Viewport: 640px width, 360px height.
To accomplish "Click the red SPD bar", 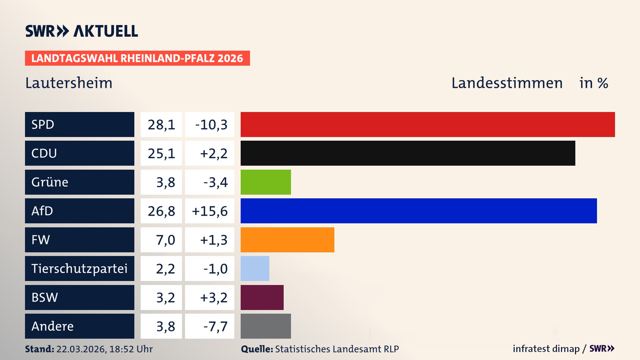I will coord(428,124).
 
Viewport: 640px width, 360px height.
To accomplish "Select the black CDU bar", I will coord(408,153).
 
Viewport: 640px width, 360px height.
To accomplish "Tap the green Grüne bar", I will coord(266,182).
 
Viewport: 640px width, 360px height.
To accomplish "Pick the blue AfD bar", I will coord(419,211).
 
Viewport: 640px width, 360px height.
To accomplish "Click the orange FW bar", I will coord(287,240).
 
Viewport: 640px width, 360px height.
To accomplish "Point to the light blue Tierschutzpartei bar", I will coord(255,268).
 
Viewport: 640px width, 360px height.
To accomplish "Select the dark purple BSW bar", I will coord(262,297).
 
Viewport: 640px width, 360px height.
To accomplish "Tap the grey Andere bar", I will coord(266,326).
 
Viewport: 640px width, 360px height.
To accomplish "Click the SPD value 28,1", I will coord(161,125).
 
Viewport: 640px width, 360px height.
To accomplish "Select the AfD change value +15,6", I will coord(210,211).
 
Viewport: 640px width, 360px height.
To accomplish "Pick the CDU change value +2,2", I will coord(213,153).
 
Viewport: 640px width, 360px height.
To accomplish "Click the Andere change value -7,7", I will coord(215,326).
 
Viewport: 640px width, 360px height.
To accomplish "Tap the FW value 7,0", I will coord(165,240).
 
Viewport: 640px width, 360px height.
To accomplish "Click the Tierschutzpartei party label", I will coord(79,268).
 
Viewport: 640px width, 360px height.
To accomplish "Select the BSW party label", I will coord(45,297).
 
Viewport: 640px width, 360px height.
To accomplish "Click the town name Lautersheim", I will coord(69,83).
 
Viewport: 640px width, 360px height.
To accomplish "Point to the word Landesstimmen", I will coord(507,83).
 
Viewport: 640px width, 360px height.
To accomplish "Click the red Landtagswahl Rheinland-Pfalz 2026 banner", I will coord(137,58).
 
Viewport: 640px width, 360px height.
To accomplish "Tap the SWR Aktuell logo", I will coord(82,31).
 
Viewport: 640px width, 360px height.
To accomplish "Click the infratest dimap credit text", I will coord(546,349).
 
